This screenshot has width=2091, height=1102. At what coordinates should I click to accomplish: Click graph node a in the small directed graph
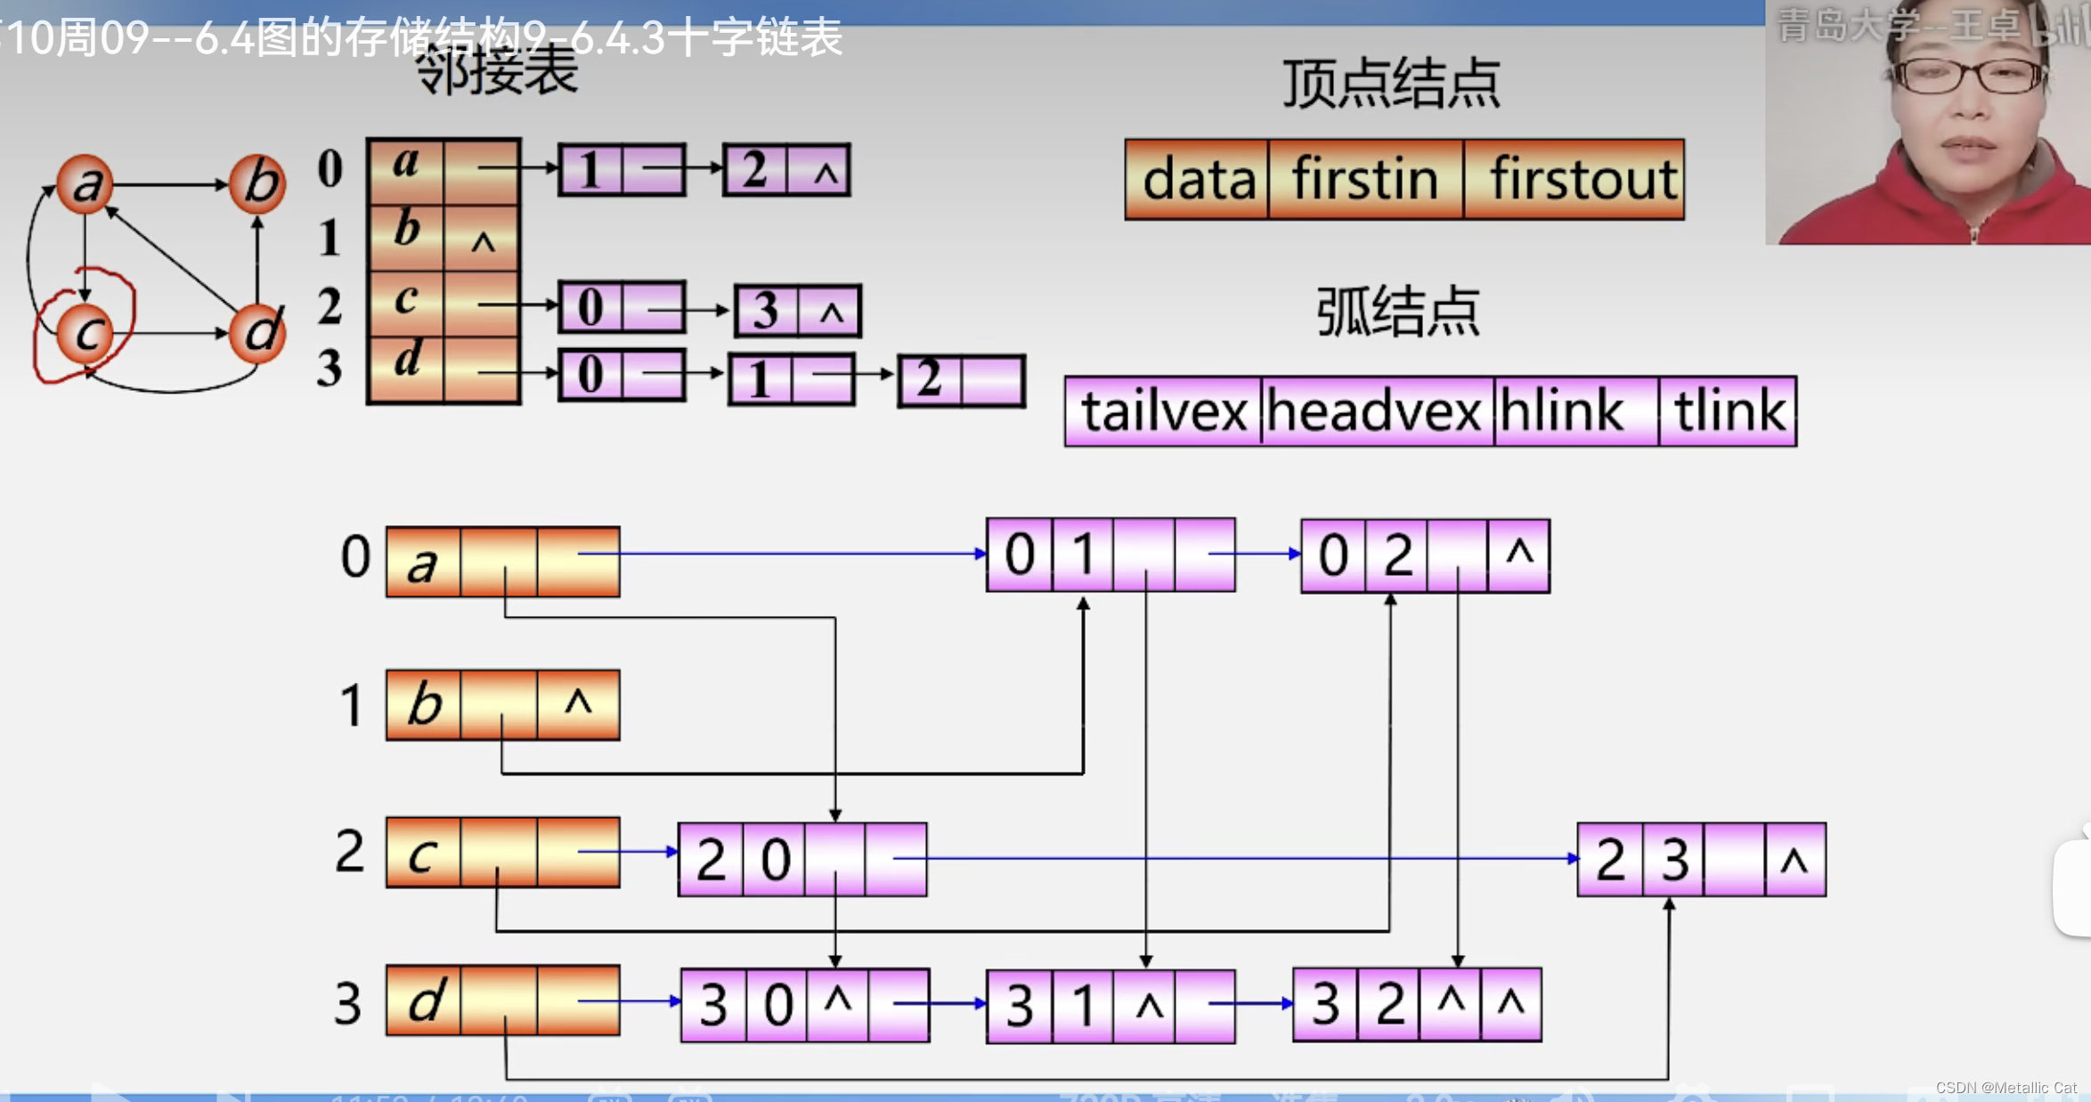(85, 184)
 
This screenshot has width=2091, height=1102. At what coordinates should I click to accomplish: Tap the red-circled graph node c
(85, 334)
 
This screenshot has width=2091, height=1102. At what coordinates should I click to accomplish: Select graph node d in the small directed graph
(257, 334)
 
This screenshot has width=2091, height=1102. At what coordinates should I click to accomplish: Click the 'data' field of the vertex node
(1197, 180)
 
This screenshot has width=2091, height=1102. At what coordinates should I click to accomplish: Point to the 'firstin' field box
(1365, 180)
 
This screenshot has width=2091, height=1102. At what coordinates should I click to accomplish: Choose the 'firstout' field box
(1574, 180)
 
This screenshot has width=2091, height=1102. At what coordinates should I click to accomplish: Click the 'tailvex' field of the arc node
(1163, 411)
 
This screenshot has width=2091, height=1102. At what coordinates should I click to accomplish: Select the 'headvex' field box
(1376, 411)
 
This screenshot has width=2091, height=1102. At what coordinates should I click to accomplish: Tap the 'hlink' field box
(1574, 411)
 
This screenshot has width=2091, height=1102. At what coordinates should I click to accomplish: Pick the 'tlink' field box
(1728, 411)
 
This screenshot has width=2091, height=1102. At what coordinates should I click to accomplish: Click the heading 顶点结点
(1391, 85)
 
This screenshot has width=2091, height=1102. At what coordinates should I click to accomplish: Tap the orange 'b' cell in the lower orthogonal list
(424, 705)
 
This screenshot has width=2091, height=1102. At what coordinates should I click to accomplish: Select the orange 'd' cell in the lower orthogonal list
(424, 1001)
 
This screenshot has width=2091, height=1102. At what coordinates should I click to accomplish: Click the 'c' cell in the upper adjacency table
(405, 303)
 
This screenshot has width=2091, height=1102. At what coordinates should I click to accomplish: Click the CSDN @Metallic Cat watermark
(2006, 1088)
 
